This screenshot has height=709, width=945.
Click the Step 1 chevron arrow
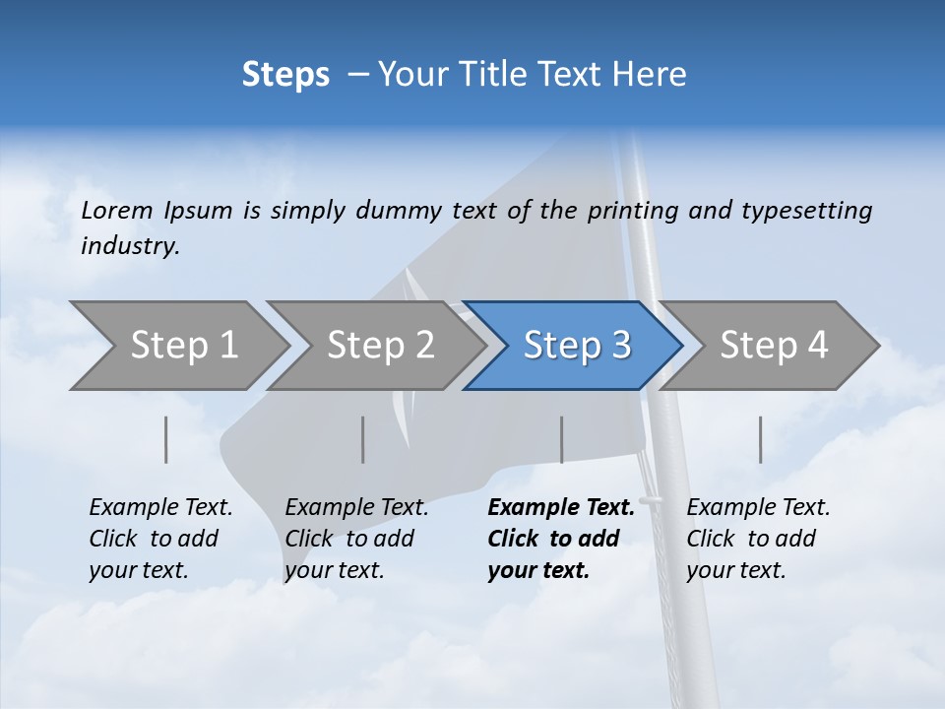click(182, 346)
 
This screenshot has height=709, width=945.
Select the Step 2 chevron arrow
click(379, 346)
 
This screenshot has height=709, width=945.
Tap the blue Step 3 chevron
click(576, 346)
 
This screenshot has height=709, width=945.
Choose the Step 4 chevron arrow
click(773, 346)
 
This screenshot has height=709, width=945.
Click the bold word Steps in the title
click(285, 75)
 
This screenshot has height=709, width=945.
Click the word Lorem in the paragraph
click(117, 210)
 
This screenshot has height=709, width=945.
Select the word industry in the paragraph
click(129, 246)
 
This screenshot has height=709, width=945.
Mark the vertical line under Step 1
click(166, 439)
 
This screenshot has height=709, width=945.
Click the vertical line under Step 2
click(363, 439)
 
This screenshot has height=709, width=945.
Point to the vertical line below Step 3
click(561, 439)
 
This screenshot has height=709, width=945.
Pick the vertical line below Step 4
click(760, 439)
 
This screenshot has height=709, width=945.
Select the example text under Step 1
click(159, 539)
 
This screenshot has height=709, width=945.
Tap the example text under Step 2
click(355, 539)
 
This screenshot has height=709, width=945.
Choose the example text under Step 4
click(757, 539)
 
